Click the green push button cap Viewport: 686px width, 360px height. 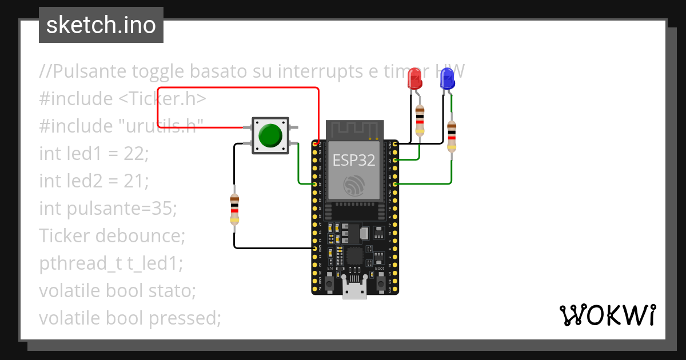point(270,135)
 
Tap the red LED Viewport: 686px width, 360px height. point(415,78)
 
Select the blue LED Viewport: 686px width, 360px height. point(447,78)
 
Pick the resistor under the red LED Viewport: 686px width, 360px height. point(420,121)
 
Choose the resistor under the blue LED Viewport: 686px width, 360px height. point(452,137)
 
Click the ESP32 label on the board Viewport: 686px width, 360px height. point(354,161)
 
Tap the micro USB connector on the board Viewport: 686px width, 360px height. point(354,290)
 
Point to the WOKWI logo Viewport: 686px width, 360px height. point(607,315)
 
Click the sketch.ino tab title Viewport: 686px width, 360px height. point(101,25)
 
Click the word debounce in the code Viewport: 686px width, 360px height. point(147,235)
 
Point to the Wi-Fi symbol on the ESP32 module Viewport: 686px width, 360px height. point(353,186)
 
